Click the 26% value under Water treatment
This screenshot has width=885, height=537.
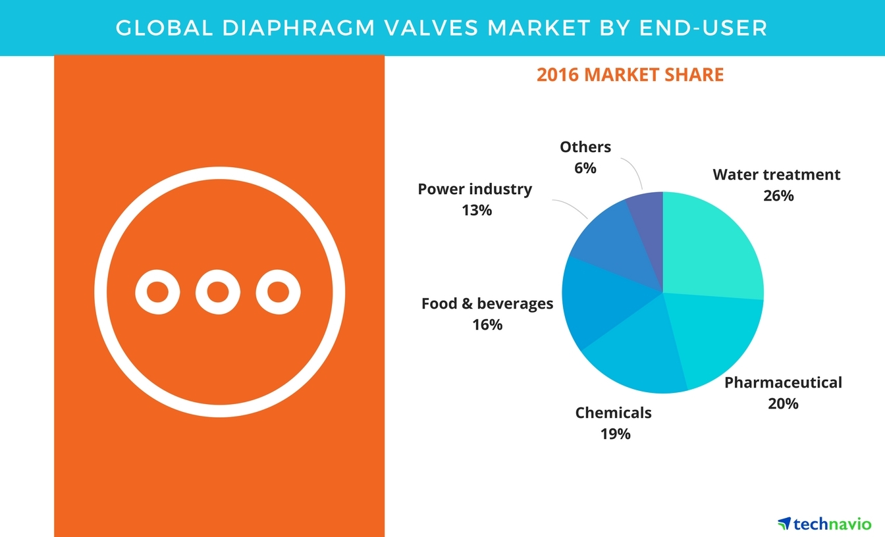tap(778, 195)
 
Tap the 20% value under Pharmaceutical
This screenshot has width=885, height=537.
tap(783, 403)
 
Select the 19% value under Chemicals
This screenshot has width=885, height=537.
tap(615, 434)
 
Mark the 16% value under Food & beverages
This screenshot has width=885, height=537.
tap(487, 324)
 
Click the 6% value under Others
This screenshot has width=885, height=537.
tap(585, 168)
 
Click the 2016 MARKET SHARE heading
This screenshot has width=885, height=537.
tap(630, 75)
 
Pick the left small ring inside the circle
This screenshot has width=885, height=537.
tap(158, 291)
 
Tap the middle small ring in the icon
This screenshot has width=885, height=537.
tap(218, 291)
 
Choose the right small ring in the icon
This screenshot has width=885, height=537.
tap(278, 291)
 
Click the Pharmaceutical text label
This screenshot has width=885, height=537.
tap(783, 382)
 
